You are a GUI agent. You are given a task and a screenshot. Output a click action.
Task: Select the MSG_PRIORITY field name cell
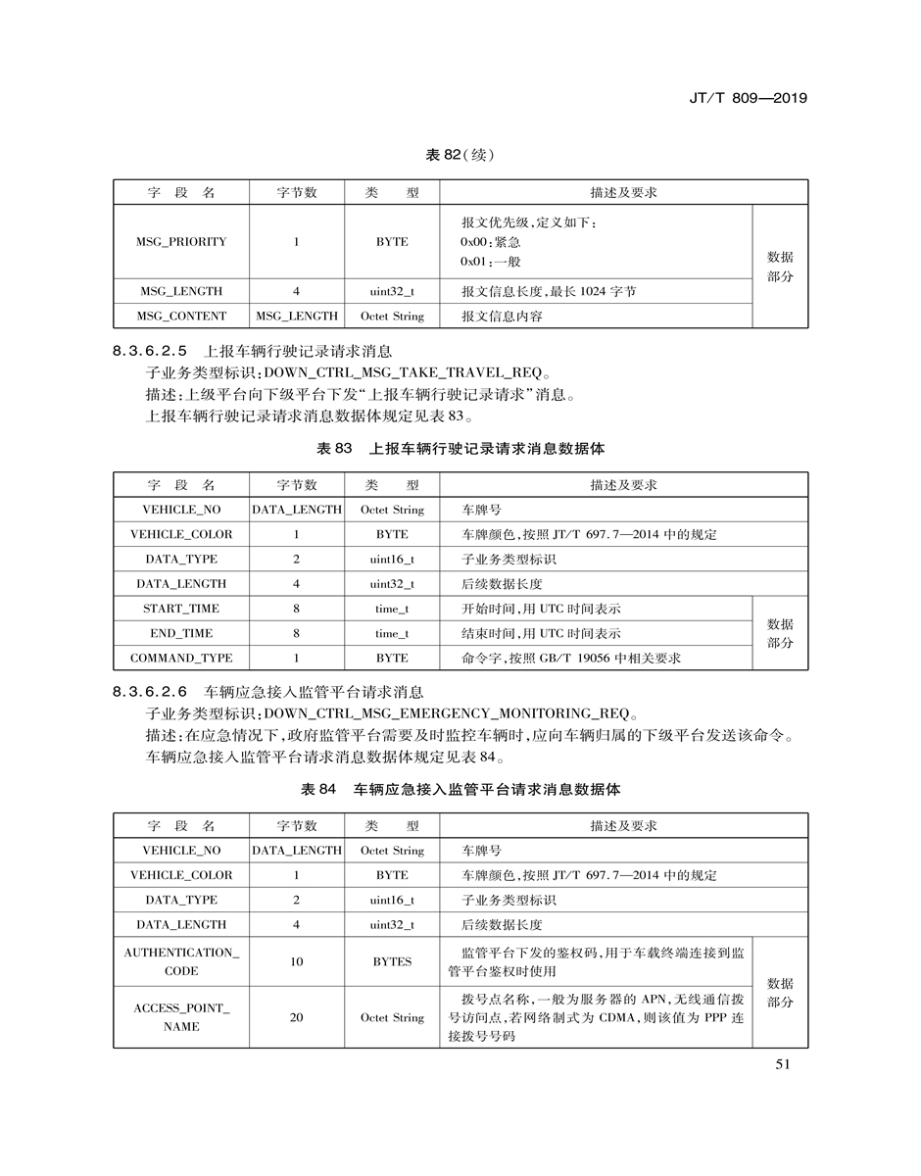pos(181,241)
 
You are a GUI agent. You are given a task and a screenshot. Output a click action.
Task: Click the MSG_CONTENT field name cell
pos(181,316)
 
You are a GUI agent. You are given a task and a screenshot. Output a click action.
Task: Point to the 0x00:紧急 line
pos(490,242)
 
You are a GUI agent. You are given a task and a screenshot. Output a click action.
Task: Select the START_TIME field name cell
pos(181,609)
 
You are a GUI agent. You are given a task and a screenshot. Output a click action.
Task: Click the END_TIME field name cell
pos(181,633)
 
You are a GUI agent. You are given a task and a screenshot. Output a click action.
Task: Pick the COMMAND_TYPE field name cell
pos(181,658)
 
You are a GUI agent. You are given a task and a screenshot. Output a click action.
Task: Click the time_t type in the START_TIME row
pos(392,609)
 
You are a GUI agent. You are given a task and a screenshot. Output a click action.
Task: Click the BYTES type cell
pos(392,961)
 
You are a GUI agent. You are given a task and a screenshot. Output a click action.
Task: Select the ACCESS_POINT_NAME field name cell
pos(181,1017)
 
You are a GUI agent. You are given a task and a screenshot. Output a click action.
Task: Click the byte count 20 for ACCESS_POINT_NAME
pos(296,1017)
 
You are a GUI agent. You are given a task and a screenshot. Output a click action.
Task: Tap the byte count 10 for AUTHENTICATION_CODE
pos(296,961)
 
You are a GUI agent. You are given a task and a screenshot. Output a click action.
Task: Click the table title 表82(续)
pos(460,156)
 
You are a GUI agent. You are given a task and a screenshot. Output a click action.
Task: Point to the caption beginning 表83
pos(460,449)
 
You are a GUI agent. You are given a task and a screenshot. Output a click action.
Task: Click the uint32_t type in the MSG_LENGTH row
pos(392,291)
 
